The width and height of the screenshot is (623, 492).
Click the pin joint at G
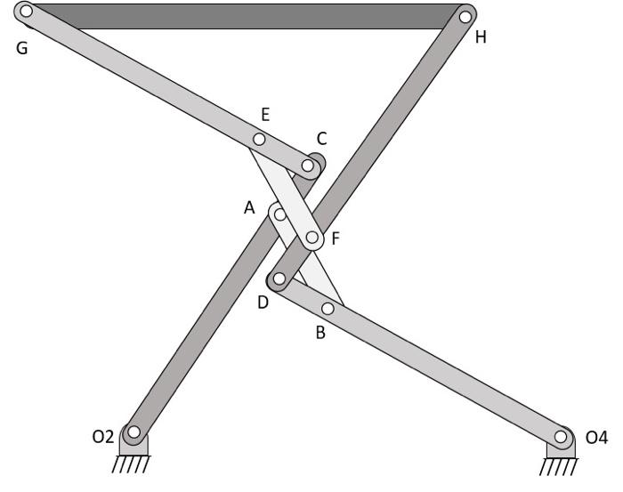tap(26, 12)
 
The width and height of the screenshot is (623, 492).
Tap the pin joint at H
tap(465, 16)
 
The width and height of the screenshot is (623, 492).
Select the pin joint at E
tap(260, 140)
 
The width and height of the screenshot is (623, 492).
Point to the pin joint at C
tap(309, 165)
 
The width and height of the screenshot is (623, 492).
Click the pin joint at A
tap(279, 214)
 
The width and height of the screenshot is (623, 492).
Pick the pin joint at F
tap(312, 238)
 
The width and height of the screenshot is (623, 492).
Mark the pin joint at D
tap(279, 279)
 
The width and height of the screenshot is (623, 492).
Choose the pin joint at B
tap(328, 309)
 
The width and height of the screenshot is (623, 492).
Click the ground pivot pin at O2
tap(133, 433)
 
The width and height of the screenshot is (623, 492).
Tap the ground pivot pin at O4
tap(561, 437)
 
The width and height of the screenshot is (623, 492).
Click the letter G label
tap(21, 48)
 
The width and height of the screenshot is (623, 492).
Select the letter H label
tap(481, 38)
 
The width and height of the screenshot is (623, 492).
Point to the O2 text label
tap(103, 436)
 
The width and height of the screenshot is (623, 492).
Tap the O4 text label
tap(596, 437)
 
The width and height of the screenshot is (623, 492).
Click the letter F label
tap(335, 238)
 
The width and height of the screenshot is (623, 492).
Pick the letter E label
tap(264, 114)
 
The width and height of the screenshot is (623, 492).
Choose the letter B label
tap(320, 334)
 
